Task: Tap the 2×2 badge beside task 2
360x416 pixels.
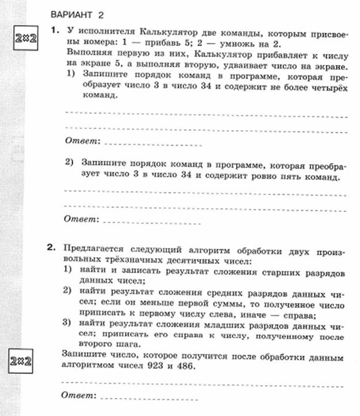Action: (x=20, y=364)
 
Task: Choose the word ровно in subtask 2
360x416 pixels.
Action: (x=262, y=177)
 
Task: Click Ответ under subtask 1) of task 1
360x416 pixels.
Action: (x=82, y=141)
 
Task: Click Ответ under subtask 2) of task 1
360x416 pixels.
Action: (x=82, y=220)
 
